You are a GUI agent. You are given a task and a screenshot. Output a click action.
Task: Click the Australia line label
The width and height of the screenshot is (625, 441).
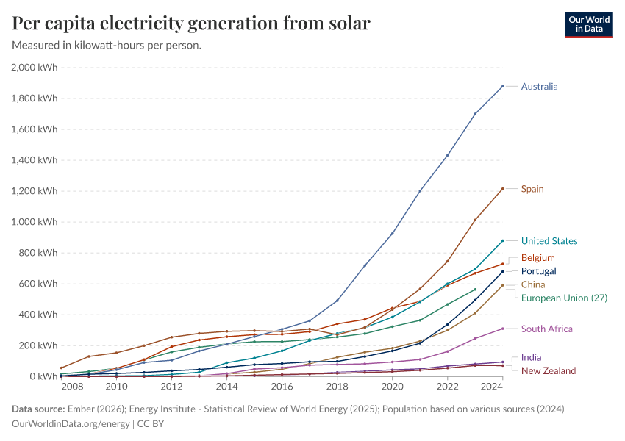point(539,86)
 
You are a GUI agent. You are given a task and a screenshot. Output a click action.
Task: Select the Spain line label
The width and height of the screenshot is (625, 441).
point(532,189)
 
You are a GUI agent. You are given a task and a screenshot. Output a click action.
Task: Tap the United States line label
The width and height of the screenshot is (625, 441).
point(549,241)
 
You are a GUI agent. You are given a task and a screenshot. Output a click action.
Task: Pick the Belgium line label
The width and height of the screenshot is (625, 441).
point(537,258)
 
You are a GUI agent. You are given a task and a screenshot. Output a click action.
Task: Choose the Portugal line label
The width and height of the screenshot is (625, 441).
point(538,271)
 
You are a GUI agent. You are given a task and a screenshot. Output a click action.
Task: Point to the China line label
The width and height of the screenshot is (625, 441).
point(533,284)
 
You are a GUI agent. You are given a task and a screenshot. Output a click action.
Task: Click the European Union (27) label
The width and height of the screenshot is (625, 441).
point(564,298)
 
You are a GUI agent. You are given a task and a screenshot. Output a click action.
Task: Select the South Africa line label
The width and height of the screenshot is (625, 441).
point(546,329)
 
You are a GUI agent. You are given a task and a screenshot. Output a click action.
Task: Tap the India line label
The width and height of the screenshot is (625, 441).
point(531,357)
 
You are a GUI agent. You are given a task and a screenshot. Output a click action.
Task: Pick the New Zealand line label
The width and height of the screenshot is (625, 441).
point(549,370)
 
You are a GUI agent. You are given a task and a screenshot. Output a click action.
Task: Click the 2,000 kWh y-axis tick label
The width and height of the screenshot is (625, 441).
point(35,68)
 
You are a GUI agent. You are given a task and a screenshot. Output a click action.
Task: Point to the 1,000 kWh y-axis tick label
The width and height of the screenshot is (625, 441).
point(35,222)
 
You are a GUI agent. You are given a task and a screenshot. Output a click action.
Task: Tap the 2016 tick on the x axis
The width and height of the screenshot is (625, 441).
point(282,386)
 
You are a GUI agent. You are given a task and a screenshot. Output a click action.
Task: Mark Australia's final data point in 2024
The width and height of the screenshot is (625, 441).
point(503,86)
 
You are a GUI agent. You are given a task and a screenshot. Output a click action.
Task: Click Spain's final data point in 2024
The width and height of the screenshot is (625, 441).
point(503,189)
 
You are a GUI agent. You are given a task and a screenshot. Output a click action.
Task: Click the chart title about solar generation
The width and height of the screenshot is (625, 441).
point(191,24)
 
